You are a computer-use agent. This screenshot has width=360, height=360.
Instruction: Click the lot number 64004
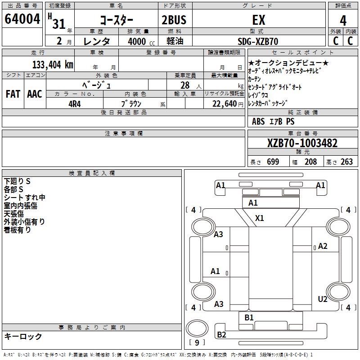(22, 19)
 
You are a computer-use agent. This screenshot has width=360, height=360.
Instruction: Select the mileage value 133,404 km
(53, 64)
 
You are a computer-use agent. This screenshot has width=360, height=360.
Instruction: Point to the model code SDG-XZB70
(258, 41)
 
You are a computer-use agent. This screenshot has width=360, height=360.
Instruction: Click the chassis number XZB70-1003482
(302, 144)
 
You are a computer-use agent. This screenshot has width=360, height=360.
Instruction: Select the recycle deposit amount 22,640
(226, 103)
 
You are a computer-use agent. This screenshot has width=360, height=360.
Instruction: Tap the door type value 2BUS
(174, 20)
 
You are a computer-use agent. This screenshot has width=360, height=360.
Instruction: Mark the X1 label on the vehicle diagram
(260, 218)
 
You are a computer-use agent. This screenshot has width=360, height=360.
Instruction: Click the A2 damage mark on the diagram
(323, 246)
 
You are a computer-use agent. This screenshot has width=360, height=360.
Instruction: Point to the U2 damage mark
(323, 299)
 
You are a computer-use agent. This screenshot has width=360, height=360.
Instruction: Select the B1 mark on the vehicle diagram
(249, 318)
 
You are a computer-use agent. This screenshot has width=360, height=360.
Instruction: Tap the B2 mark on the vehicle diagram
(221, 334)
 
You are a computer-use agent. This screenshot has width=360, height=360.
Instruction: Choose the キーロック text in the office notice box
(23, 336)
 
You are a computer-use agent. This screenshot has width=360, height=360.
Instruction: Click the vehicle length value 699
(273, 162)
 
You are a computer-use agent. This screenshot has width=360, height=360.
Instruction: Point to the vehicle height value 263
(346, 162)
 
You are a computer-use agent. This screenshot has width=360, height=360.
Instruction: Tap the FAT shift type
(13, 94)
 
